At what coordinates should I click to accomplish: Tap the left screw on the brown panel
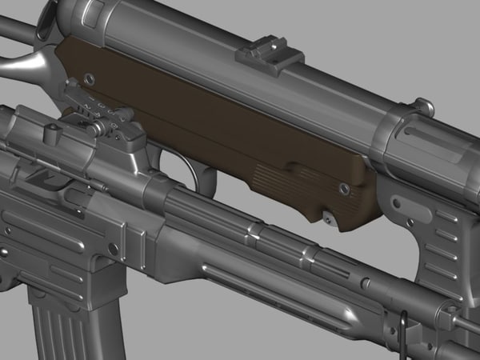[x=89, y=79]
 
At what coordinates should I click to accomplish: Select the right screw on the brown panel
[x=343, y=189]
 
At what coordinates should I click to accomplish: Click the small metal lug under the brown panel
[x=327, y=215]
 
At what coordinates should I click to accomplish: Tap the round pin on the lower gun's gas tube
[x=365, y=283]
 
